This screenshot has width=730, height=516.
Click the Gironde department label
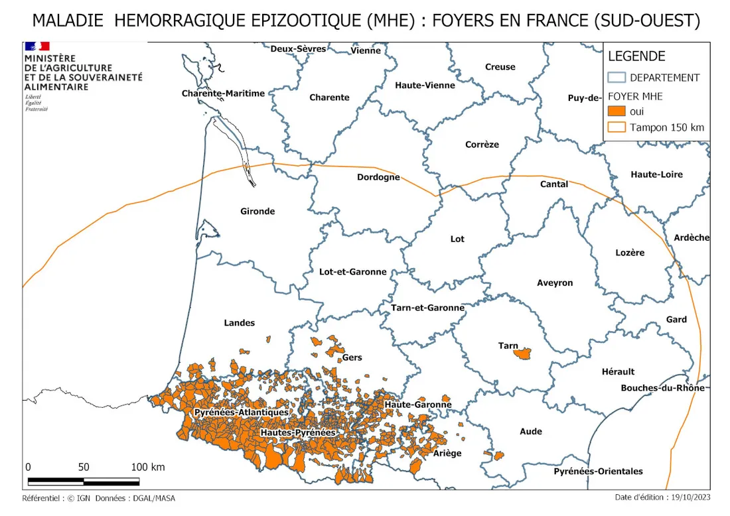click(x=257, y=212)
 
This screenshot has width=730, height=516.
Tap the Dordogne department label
click(x=378, y=177)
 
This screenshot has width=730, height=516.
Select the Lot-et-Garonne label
click(x=353, y=272)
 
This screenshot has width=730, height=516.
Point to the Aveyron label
click(x=555, y=283)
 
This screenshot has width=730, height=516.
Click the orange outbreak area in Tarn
click(x=524, y=353)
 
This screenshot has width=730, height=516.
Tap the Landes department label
click(x=239, y=323)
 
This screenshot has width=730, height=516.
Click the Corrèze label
click(x=482, y=145)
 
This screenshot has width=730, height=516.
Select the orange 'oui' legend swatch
click(x=617, y=111)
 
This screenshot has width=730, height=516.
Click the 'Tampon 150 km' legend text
click(x=667, y=127)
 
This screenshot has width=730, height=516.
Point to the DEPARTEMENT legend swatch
click(x=617, y=78)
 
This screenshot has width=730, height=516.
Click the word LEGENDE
click(x=636, y=57)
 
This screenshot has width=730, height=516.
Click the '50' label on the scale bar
click(x=84, y=467)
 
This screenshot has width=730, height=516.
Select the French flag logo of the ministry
click(x=37, y=46)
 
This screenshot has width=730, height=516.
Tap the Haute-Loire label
click(x=656, y=174)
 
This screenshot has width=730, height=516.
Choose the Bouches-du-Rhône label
click(x=662, y=388)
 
